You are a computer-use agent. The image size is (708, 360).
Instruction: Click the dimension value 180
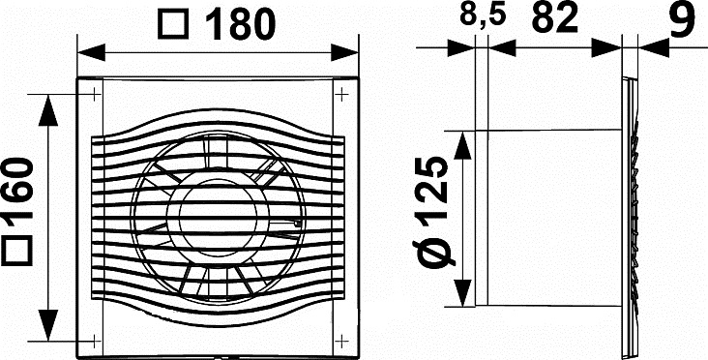[240, 23]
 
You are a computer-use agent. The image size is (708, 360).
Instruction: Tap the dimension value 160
[18, 188]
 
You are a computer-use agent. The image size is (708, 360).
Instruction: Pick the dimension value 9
[681, 19]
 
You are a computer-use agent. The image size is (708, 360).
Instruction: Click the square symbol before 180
[172, 25]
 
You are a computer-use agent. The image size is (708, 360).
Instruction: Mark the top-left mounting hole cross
[95, 95]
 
